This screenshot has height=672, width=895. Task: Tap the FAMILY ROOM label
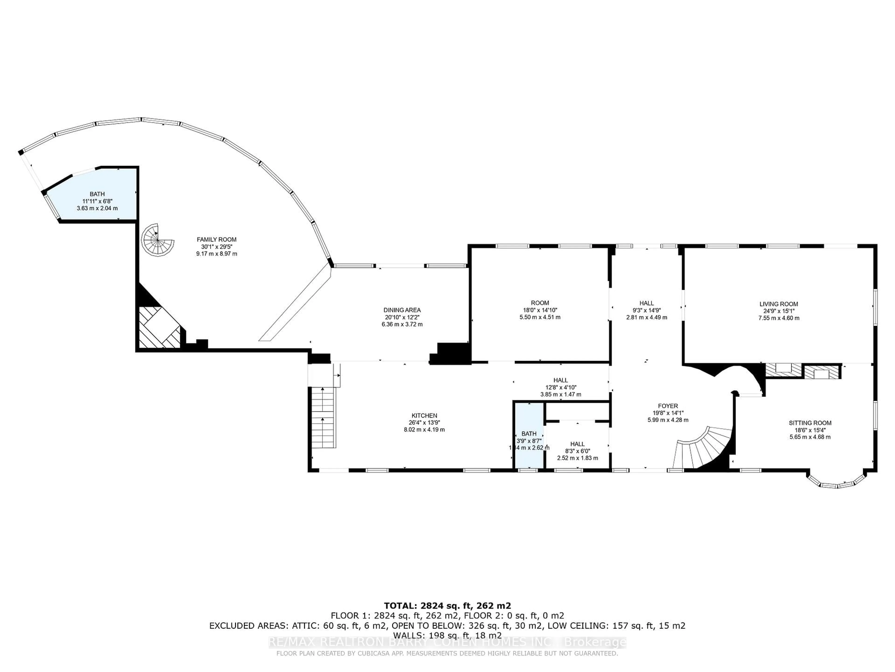[217, 239]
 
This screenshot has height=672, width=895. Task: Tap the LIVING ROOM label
[778, 304]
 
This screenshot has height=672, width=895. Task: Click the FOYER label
[668, 406]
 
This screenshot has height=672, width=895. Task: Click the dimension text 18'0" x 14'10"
[540, 310]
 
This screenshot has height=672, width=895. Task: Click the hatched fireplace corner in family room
[159, 327]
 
